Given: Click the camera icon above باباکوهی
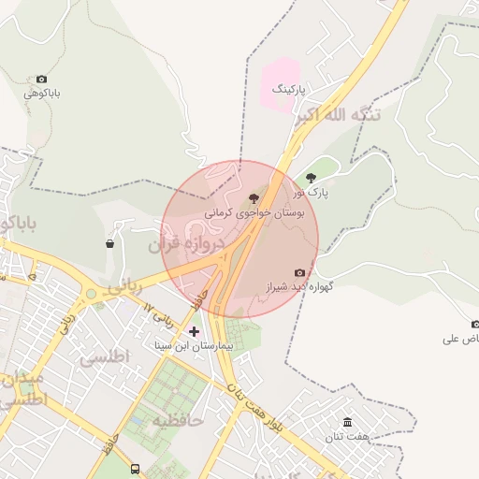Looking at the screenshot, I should (x=41, y=80).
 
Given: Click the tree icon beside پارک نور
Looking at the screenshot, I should (x=311, y=176).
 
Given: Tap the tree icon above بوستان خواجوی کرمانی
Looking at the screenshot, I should (x=254, y=198).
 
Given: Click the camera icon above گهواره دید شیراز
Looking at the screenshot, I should (x=299, y=272).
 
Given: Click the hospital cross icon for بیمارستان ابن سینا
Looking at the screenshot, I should (x=195, y=331).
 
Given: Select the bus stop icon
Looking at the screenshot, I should (x=137, y=469).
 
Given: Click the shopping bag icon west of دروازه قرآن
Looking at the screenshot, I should (x=110, y=244).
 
